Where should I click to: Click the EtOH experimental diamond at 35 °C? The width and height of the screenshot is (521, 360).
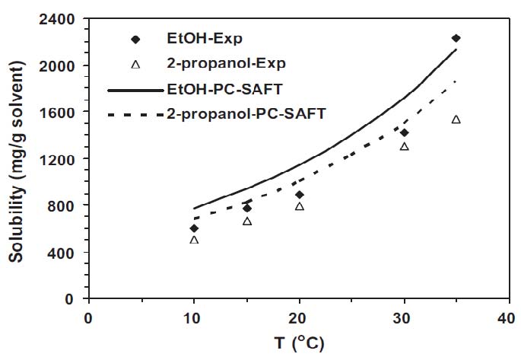click(x=456, y=38)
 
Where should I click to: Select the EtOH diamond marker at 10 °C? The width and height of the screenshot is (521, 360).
click(x=194, y=228)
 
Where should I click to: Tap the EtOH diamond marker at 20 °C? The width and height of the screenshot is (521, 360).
click(x=300, y=195)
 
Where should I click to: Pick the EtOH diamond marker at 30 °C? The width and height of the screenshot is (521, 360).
click(x=404, y=132)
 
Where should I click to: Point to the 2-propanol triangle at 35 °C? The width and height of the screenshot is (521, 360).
click(x=456, y=119)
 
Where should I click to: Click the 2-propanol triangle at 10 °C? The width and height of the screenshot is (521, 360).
click(x=194, y=240)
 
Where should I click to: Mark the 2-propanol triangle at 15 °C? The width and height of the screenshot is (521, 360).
click(x=247, y=221)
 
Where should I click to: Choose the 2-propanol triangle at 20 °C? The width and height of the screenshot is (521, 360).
click(x=300, y=206)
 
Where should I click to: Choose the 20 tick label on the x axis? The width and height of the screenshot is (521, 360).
click(x=300, y=312)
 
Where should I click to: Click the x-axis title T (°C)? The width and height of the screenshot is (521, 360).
click(x=299, y=343)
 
